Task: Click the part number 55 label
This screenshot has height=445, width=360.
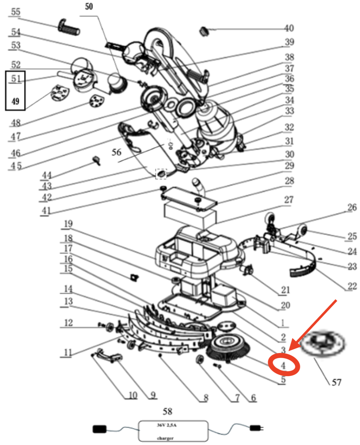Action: click(x=15, y=12)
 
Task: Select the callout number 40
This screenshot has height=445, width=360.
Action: click(x=289, y=28)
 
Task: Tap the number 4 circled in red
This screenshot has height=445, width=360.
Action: click(x=283, y=366)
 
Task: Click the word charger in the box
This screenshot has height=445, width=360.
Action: click(x=165, y=438)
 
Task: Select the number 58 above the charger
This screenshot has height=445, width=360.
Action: click(x=167, y=412)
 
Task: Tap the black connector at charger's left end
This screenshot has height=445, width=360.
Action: click(x=100, y=429)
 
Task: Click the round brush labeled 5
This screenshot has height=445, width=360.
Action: click(x=228, y=348)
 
